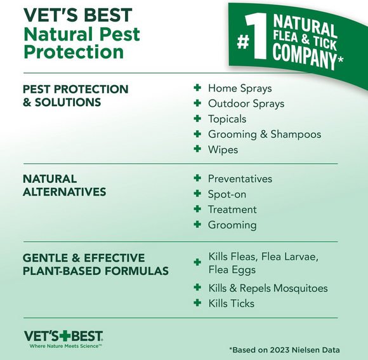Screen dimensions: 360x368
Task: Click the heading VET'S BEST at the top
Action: (x=78, y=15)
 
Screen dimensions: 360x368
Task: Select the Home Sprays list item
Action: (x=240, y=88)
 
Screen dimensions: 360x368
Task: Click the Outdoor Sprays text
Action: (x=246, y=103)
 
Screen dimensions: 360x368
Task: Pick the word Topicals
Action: (x=227, y=119)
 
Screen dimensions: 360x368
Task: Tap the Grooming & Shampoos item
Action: (x=265, y=134)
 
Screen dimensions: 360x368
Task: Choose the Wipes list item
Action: (x=223, y=150)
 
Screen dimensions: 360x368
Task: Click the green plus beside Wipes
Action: (x=197, y=150)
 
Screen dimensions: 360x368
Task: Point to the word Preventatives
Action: (x=240, y=179)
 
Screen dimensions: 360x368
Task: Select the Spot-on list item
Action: (x=227, y=194)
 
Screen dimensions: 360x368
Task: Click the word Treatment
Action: (x=232, y=210)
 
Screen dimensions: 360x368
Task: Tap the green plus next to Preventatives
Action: (x=197, y=179)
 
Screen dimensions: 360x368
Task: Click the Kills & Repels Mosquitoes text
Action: (x=268, y=288)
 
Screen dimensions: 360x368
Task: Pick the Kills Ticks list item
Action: (x=232, y=303)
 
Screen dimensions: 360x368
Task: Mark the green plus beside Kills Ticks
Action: (x=197, y=303)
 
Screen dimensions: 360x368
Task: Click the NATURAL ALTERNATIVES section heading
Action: (x=64, y=185)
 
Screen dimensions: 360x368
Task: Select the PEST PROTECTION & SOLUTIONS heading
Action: (x=76, y=95)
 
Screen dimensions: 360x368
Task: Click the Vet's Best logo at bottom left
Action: (x=63, y=338)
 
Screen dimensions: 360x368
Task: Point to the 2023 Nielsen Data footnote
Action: (x=284, y=350)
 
